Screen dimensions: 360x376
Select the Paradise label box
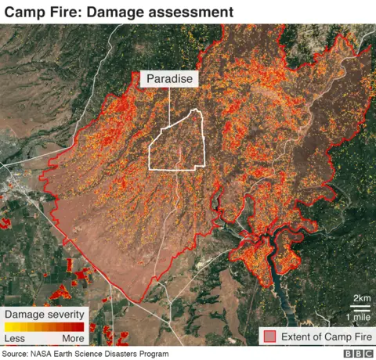(x=169, y=79)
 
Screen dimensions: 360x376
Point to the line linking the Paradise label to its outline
(x=169, y=106)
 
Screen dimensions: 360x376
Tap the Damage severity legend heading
(x=44, y=314)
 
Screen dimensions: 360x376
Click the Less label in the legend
(x=15, y=339)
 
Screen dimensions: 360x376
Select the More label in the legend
(x=73, y=339)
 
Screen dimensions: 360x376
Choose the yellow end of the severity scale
(x=9, y=326)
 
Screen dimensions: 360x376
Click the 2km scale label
(x=361, y=298)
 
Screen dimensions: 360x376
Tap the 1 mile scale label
(x=358, y=316)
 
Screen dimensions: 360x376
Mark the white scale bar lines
(x=361, y=307)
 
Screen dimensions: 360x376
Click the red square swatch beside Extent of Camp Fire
(x=270, y=336)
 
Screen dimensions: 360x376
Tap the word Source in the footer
(x=15, y=354)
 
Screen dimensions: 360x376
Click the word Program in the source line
(x=152, y=354)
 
